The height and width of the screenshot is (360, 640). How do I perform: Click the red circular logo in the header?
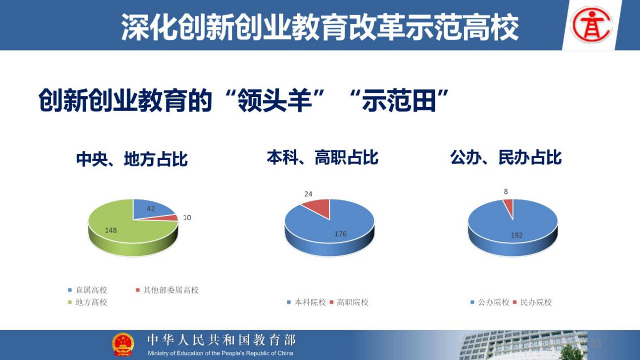tap(591, 25)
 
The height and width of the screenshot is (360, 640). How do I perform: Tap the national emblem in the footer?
tap(123, 344)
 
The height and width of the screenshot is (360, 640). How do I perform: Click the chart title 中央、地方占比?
tap(132, 159)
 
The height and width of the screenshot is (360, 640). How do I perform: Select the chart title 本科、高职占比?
tap(323, 158)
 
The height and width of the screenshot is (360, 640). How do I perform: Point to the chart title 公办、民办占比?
tap(506, 158)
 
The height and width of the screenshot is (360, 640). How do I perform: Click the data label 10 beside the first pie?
tap(187, 218)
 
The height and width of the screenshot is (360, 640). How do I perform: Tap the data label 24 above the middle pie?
tap(308, 194)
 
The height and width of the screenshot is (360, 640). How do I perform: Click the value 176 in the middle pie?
tap(340, 234)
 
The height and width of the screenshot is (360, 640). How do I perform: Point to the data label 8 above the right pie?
tap(506, 191)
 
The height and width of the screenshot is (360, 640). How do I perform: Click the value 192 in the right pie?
tap(517, 235)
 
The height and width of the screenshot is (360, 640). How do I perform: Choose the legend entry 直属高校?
tap(87, 290)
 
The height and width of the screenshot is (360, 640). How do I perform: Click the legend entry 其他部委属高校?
tap(167, 290)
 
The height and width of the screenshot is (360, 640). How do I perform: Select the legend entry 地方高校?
tap(87, 302)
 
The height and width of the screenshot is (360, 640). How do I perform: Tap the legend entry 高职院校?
tap(349, 302)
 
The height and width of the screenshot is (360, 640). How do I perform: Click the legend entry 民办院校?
tap(532, 302)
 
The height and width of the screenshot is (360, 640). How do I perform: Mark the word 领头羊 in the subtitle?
tap(275, 101)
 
